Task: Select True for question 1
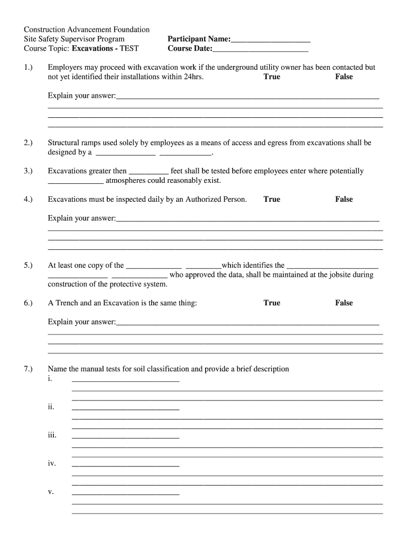click(272, 77)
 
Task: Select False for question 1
click(344, 77)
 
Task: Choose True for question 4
click(272, 199)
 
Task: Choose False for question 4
click(344, 199)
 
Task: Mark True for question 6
click(272, 303)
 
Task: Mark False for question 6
click(344, 303)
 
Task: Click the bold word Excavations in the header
click(95, 49)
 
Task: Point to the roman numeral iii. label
click(52, 435)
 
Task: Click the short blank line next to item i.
click(125, 380)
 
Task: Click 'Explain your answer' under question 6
click(81, 322)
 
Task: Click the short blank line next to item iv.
click(125, 465)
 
